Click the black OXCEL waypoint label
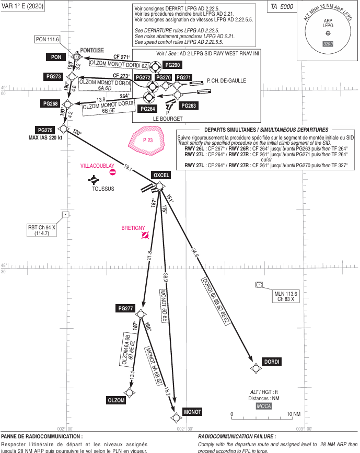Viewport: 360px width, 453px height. tap(161, 175)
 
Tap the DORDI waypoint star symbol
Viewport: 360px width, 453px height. tap(256, 368)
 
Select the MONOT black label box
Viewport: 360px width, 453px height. tap(192, 412)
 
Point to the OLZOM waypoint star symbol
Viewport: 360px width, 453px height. tap(129, 392)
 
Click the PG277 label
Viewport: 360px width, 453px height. tap(125, 308)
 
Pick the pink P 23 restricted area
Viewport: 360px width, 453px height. tap(147, 140)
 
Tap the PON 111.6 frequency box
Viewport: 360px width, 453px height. tap(48, 39)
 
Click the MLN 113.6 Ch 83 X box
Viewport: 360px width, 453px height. tap(286, 296)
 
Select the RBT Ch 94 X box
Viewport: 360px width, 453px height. tap(42, 230)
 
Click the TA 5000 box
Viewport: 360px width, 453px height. tap(282, 7)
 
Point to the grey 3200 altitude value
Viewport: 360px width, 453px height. tap(328, 44)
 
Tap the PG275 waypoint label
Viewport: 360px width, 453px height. tap(45, 130)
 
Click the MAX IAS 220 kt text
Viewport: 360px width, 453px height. tap(45, 138)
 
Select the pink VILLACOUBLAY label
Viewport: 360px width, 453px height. tap(97, 166)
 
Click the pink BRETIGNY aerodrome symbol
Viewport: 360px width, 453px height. tap(145, 236)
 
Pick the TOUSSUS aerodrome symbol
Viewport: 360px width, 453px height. tap(94, 180)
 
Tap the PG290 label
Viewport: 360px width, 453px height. tap(172, 65)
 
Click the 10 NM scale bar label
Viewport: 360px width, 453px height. tap(294, 414)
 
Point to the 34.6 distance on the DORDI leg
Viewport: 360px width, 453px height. tap(195, 252)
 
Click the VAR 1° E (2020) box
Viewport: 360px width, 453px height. tap(22, 6)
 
